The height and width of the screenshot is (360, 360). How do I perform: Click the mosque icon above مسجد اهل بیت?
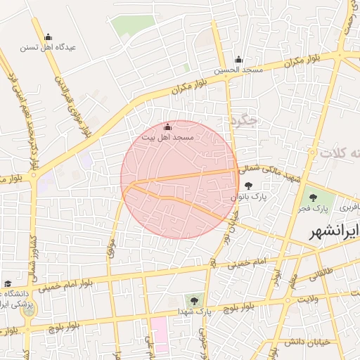click(167, 127)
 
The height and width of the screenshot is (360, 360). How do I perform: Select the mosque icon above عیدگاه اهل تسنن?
click(48, 37)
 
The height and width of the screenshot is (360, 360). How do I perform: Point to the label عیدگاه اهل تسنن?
click(49, 48)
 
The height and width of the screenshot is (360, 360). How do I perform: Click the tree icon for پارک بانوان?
click(249, 186)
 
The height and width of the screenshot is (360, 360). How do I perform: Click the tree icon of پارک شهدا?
click(190, 300)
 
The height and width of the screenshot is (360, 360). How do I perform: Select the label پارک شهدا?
click(200, 310)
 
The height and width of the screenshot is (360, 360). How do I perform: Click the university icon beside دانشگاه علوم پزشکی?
click(8, 283)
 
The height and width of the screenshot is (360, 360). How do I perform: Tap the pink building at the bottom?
click(159, 335)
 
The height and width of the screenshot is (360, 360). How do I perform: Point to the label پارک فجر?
click(322, 210)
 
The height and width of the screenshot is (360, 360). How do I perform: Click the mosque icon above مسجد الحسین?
click(239, 60)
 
